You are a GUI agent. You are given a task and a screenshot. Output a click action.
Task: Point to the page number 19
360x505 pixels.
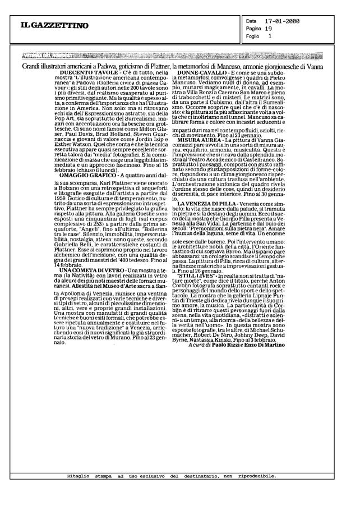(269, 27)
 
